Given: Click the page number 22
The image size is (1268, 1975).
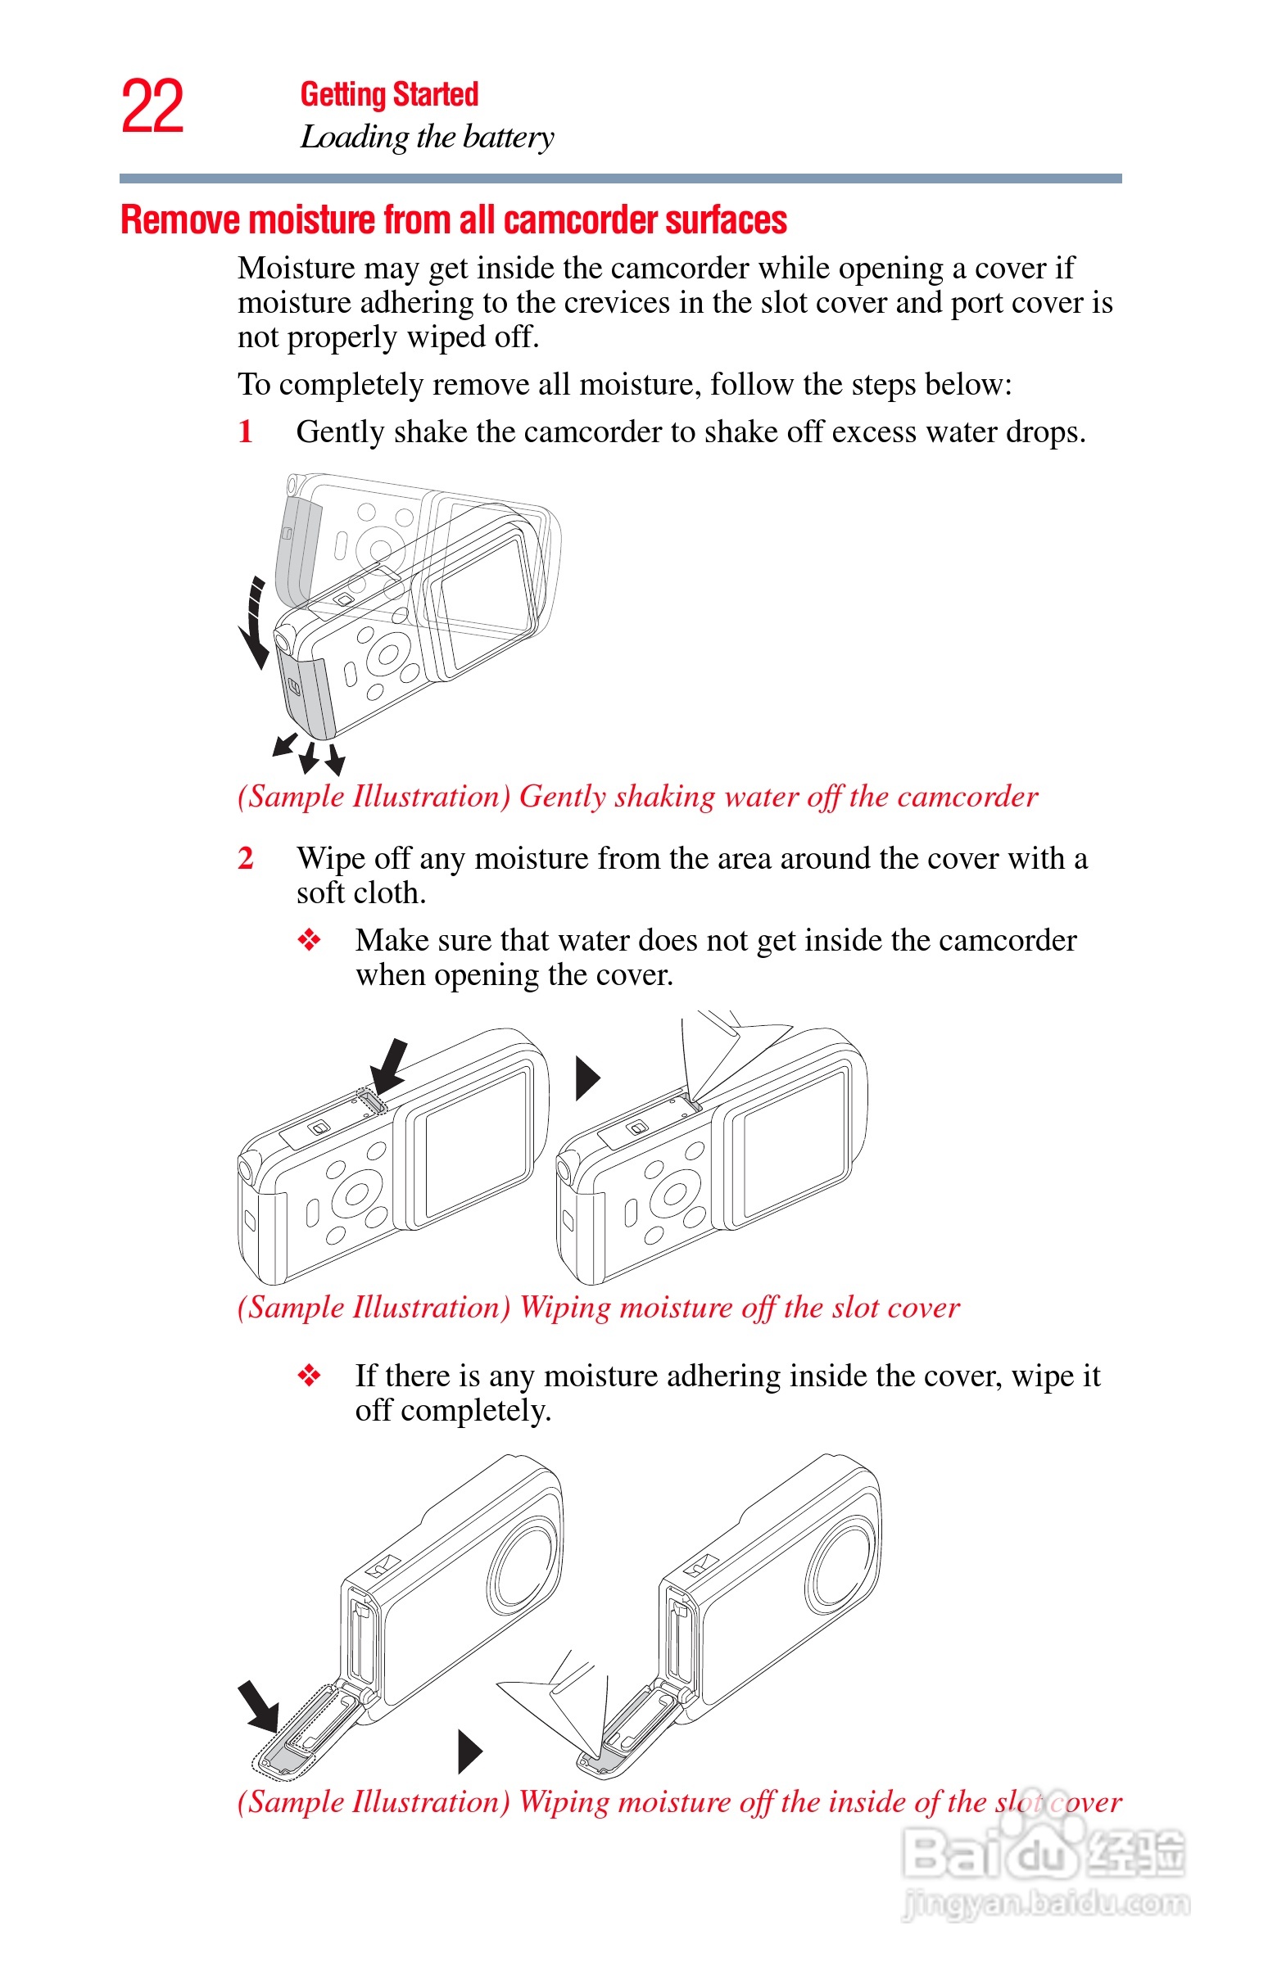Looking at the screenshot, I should point(152,107).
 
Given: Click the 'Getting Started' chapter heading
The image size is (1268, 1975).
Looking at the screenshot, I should point(388,95).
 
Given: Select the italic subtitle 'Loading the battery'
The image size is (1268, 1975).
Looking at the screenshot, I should point(427,137).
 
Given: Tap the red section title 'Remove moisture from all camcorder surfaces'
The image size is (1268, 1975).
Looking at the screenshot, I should point(453,220).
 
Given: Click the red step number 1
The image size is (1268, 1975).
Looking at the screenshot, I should point(246,432).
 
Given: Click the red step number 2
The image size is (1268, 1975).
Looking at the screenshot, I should point(246,858).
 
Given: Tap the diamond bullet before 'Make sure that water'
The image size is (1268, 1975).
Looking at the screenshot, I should point(309,940).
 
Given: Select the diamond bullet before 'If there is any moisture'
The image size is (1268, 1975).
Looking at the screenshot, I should point(309,1375).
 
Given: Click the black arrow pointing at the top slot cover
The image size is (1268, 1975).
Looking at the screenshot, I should point(388,1065).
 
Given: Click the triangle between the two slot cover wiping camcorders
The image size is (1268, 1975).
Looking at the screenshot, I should point(586,1078).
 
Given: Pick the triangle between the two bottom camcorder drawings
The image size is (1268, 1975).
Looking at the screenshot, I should point(469,1751).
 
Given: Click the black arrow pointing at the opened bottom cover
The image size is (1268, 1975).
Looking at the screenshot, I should point(259,1706).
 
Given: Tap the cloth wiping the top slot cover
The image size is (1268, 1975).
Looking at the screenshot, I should point(725,1053).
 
